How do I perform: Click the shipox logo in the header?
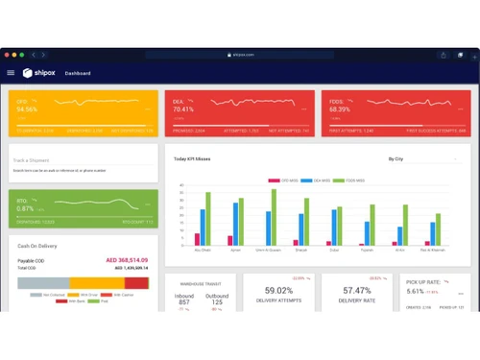click(40, 73)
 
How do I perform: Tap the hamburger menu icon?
click(12, 73)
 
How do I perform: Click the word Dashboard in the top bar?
click(78, 73)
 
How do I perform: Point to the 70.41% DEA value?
click(182, 109)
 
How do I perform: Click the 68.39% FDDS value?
click(340, 109)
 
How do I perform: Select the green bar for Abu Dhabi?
click(207, 220)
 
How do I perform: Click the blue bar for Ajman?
click(235, 225)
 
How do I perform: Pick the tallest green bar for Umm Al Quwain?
click(274, 218)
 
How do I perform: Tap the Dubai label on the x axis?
click(335, 251)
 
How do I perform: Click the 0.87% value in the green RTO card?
click(26, 208)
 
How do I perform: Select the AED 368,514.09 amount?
click(126, 260)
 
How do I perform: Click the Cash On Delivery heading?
click(37, 246)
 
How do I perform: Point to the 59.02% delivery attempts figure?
click(278, 290)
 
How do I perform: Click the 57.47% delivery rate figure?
click(356, 290)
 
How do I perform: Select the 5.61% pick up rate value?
click(415, 291)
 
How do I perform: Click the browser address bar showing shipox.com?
click(240, 55)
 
